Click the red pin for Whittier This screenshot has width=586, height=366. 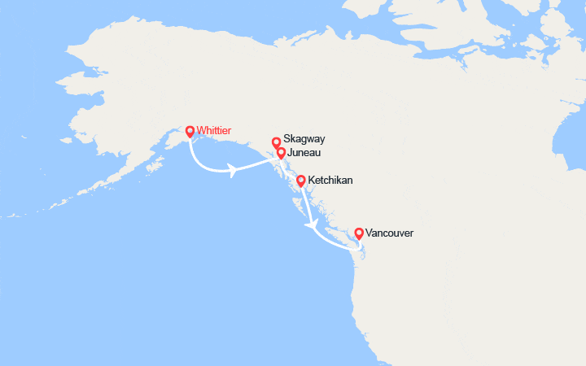click(190, 131)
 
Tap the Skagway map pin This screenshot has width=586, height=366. click(276, 142)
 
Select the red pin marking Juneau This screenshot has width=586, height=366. click(281, 152)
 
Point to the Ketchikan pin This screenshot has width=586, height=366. click(301, 181)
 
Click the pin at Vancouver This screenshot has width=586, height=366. click(359, 234)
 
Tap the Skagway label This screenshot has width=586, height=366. click(304, 139)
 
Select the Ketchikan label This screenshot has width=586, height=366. click(330, 180)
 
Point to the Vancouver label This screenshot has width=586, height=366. click(390, 233)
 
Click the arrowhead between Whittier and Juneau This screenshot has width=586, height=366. click(234, 171)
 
